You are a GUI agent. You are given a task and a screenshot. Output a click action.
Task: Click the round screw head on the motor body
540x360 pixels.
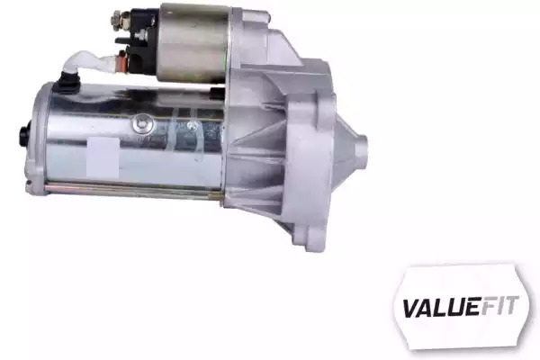(143, 124)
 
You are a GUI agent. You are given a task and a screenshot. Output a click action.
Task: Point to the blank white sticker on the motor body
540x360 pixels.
(103, 157)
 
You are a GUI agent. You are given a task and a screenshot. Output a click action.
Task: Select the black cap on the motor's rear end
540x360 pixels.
(24, 134)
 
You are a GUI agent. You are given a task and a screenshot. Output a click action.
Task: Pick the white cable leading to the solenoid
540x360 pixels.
(93, 64)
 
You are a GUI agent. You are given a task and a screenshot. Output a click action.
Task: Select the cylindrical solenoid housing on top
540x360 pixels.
(193, 43)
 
